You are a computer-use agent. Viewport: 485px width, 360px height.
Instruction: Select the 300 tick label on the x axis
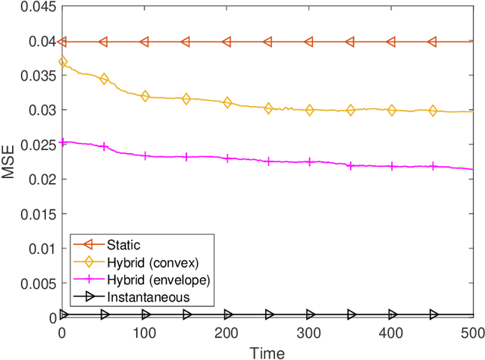coord(309,333)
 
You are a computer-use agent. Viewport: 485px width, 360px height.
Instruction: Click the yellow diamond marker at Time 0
coord(63,62)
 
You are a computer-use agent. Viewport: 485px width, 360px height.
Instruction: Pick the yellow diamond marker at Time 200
coord(227,102)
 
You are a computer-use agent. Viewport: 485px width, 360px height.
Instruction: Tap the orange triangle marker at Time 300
coord(309,42)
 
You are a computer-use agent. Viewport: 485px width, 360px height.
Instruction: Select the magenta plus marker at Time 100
coord(145,155)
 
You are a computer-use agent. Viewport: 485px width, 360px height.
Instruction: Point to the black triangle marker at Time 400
coord(392,314)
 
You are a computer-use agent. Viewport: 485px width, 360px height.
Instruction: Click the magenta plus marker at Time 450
coord(433,166)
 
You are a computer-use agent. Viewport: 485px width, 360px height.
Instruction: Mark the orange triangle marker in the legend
coord(87,244)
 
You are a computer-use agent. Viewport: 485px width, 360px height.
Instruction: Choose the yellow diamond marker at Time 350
coord(351,111)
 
